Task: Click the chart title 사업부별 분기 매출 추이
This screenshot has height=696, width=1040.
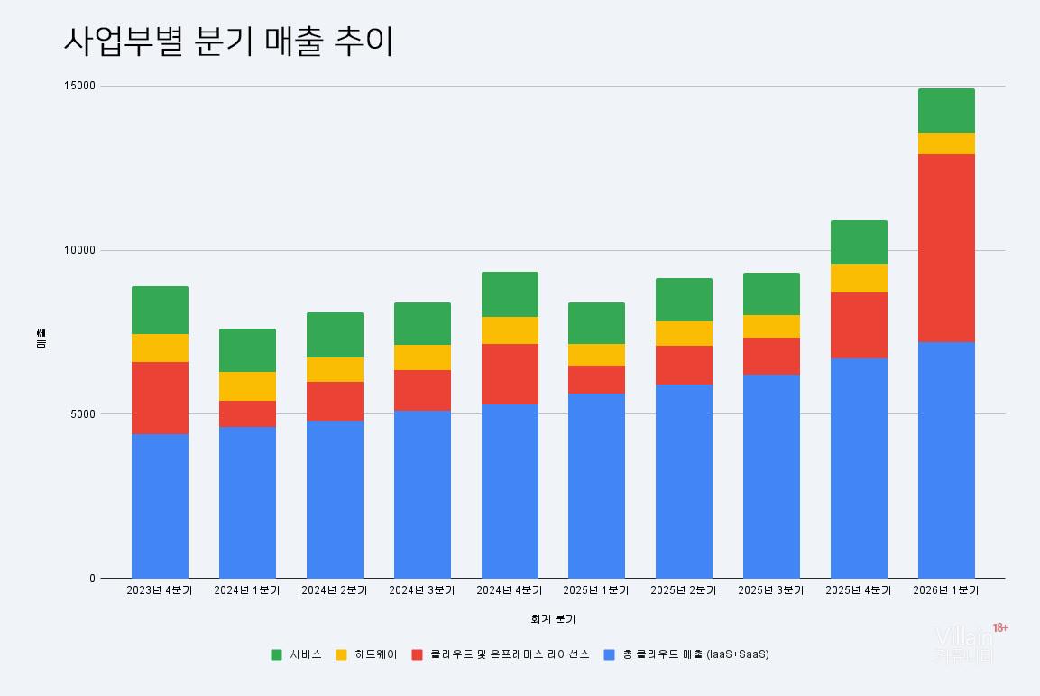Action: tap(228, 42)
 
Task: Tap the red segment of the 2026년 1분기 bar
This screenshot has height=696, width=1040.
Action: tap(946, 248)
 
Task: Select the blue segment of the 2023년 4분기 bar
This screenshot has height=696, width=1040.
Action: tap(160, 506)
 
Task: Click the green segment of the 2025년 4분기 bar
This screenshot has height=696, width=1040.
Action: tap(859, 242)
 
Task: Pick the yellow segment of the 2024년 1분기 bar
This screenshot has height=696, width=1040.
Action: tap(247, 386)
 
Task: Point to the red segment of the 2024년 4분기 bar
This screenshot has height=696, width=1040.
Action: tap(510, 374)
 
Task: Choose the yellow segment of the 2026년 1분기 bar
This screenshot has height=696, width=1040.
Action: tap(946, 144)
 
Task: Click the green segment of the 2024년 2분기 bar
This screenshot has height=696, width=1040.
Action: tap(335, 335)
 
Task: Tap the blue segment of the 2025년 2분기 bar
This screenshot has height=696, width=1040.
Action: tap(684, 481)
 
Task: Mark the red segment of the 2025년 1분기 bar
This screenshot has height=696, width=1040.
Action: tap(596, 379)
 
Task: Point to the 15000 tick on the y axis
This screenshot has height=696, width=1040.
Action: tap(78, 87)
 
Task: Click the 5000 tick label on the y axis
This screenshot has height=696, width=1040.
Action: tap(81, 414)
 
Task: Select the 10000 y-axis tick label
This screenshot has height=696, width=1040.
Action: tap(78, 251)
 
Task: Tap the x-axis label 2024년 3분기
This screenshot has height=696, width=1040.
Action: tap(422, 590)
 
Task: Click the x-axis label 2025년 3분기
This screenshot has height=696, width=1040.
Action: tap(771, 590)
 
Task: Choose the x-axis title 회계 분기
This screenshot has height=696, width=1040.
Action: tap(553, 619)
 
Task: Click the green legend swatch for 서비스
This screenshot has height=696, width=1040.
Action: tap(277, 654)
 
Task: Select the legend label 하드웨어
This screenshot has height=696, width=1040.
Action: tap(375, 654)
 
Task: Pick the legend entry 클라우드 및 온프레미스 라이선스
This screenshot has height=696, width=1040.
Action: tap(510, 654)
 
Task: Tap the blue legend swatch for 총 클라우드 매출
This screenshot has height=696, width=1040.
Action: tap(610, 654)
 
